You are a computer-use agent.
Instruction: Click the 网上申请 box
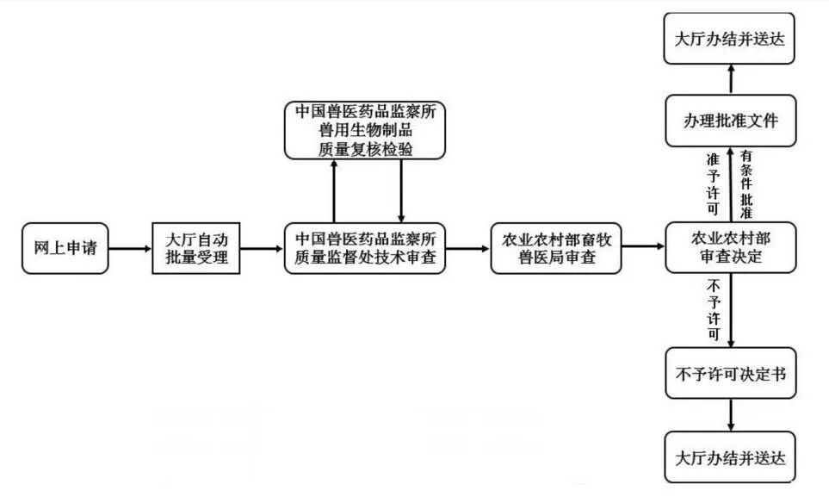click(x=65, y=249)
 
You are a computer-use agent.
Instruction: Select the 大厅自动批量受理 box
click(x=195, y=248)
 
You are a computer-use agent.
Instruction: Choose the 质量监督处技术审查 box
click(x=365, y=248)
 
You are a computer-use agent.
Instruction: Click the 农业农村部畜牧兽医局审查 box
click(x=556, y=248)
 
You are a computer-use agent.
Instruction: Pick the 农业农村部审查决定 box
click(x=731, y=248)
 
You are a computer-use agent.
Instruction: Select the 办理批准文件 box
click(x=731, y=121)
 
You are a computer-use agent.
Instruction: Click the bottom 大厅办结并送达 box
click(x=731, y=457)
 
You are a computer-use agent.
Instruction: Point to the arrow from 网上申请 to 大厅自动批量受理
click(x=130, y=249)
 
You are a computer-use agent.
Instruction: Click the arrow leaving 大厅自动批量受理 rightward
click(x=261, y=249)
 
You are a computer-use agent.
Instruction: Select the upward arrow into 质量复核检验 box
click(x=333, y=189)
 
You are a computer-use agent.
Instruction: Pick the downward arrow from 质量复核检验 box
click(x=401, y=189)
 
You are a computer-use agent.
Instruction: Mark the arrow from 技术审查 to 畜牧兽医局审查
click(x=467, y=249)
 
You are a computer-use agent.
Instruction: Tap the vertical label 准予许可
click(x=713, y=183)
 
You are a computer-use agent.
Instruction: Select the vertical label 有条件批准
click(x=746, y=183)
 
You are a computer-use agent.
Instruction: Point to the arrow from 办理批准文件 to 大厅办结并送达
click(x=731, y=80)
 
